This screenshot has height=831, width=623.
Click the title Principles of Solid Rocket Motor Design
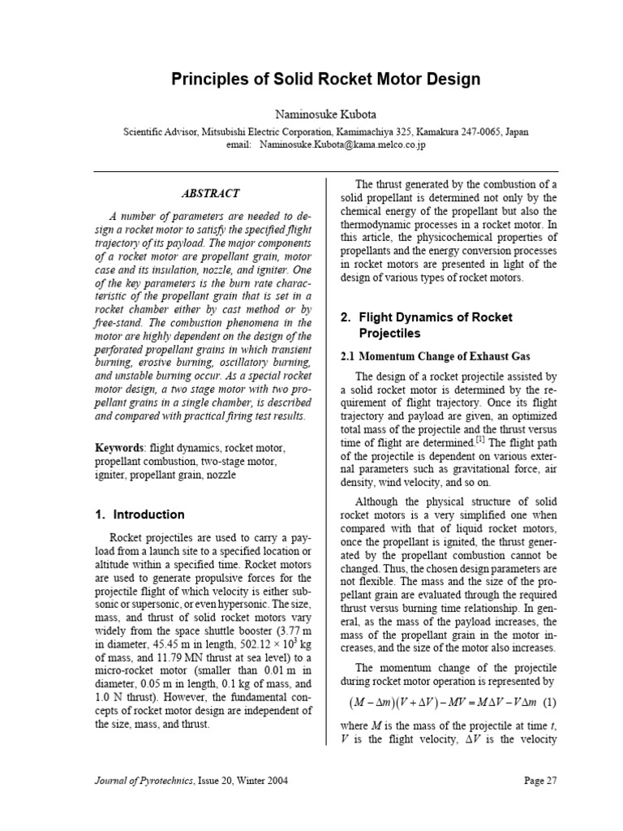coord(325,80)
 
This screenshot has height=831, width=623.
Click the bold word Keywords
coord(118,447)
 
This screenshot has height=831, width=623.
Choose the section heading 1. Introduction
coord(140,515)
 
